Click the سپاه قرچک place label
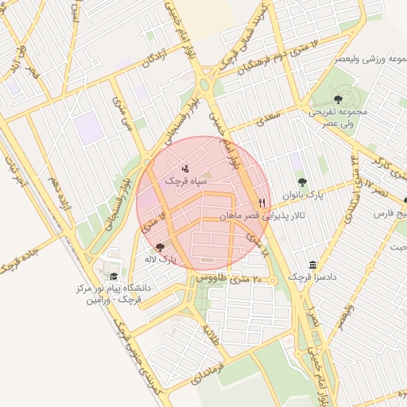pos(186,181)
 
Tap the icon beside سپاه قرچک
pos(186,168)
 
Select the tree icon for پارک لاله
pos(161,247)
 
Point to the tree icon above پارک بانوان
pos(301,182)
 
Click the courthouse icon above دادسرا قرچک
pos(312,264)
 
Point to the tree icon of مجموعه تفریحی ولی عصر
pos(339,99)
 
